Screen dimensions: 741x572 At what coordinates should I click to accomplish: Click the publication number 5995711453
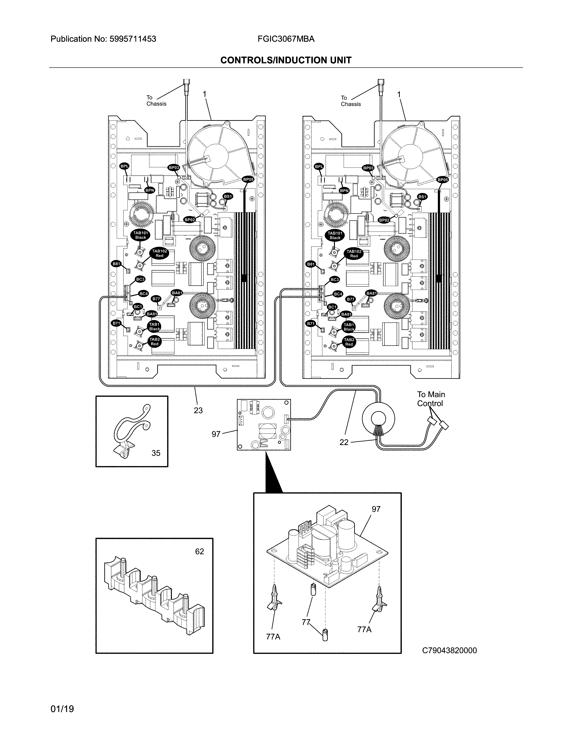(133, 39)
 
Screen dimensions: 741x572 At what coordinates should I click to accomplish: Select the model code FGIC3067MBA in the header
(286, 39)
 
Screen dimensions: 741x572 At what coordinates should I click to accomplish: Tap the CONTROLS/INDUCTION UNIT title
(286, 60)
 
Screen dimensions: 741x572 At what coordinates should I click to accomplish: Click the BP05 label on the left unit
(248, 179)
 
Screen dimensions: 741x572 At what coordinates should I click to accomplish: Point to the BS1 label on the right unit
(422, 197)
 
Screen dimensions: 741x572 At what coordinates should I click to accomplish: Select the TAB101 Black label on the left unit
(140, 235)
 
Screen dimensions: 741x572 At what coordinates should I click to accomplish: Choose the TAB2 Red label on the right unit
(349, 342)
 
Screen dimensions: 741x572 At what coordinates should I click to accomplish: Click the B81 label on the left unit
(116, 264)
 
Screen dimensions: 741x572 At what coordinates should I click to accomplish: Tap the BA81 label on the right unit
(371, 293)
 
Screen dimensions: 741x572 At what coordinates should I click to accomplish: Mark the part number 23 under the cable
(198, 410)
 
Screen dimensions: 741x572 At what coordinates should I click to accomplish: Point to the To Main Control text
(431, 399)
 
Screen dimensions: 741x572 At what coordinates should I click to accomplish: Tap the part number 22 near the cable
(344, 442)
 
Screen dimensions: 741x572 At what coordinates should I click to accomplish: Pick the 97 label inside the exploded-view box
(376, 509)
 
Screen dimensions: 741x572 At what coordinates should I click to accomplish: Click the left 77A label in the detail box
(273, 637)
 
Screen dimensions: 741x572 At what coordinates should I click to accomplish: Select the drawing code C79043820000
(449, 651)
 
